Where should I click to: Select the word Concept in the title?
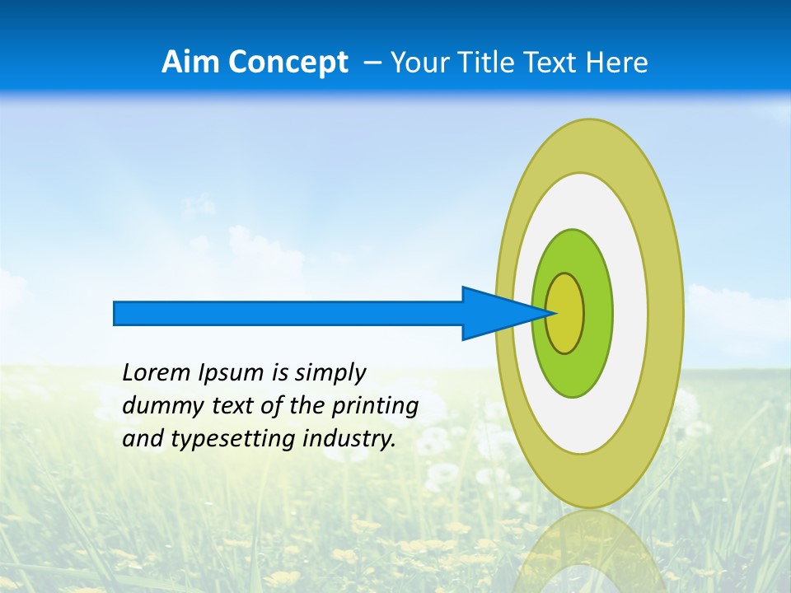coord(288,63)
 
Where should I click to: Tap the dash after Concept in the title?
coord(372,63)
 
